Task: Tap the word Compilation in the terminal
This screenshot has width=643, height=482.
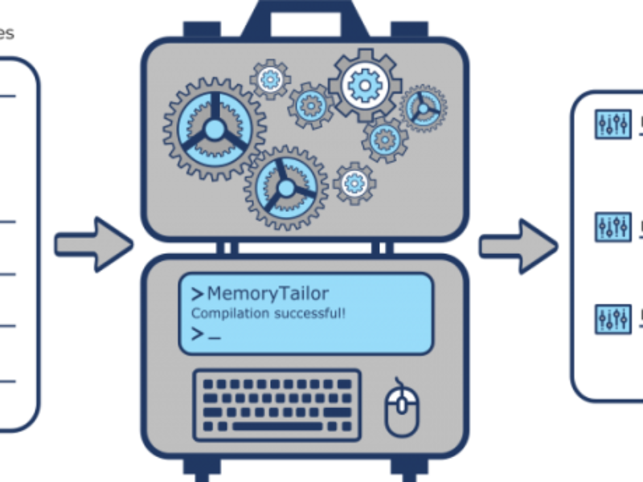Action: coord(225,312)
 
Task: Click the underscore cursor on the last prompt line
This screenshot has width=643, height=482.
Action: coord(214,335)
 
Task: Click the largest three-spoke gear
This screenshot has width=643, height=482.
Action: coord(213,129)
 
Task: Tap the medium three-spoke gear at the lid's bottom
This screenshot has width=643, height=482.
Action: coord(285,187)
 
